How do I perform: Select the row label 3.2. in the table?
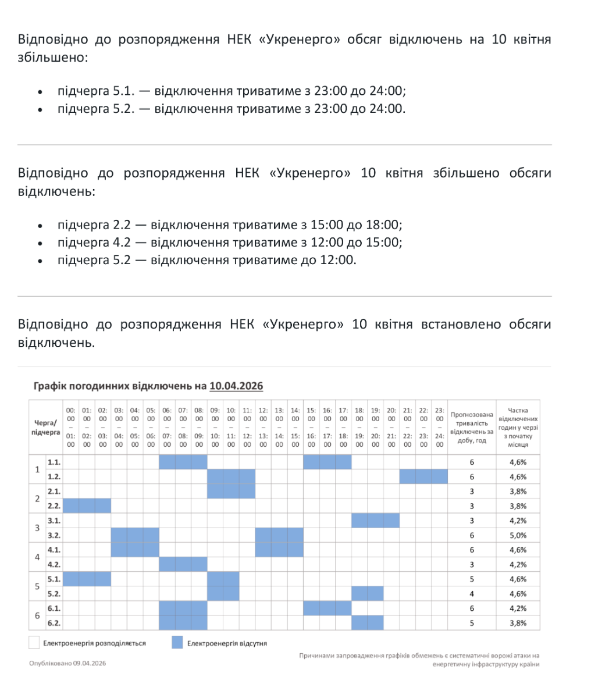[x=55, y=535]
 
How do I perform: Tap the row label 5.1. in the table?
[x=55, y=579]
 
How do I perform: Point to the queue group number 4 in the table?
[x=38, y=557]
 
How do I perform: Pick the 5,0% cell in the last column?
[x=518, y=535]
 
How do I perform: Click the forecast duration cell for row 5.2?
[x=472, y=594]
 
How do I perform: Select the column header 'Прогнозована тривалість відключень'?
[x=472, y=426]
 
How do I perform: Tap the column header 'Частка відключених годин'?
[x=518, y=426]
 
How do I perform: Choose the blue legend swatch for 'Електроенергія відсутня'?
[x=177, y=643]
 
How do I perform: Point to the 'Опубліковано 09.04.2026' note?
[x=67, y=663]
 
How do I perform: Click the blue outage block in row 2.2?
[x=87, y=506]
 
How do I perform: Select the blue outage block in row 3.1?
[x=375, y=521]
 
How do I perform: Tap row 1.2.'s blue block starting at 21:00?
[x=423, y=476]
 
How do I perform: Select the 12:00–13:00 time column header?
[x=263, y=426]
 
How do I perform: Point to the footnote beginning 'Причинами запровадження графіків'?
[x=419, y=660]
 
